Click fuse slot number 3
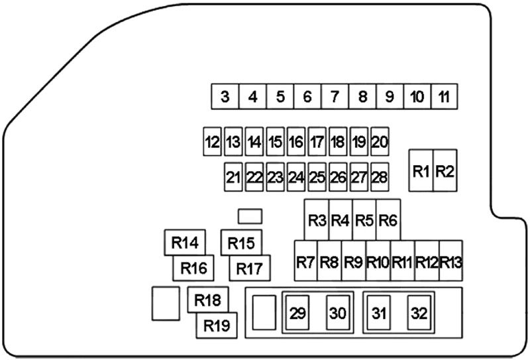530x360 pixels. coord(225,97)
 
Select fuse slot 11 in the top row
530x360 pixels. coord(444,97)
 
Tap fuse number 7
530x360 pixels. coord(335,97)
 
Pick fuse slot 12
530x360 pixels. coord(212,141)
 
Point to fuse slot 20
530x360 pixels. coord(379,141)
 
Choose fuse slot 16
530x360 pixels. coord(295,141)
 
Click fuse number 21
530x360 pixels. coord(233,177)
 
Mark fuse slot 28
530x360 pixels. coord(379,177)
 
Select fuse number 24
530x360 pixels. coord(295,177)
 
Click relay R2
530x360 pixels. coord(445,171)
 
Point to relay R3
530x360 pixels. coord(317,219)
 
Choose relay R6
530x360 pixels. coord(388,219)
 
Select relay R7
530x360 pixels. coord(305,261)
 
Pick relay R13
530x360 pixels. coord(450,261)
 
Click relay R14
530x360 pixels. coord(185,243)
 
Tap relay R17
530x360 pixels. coord(250,269)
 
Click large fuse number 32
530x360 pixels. coord(419,313)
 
